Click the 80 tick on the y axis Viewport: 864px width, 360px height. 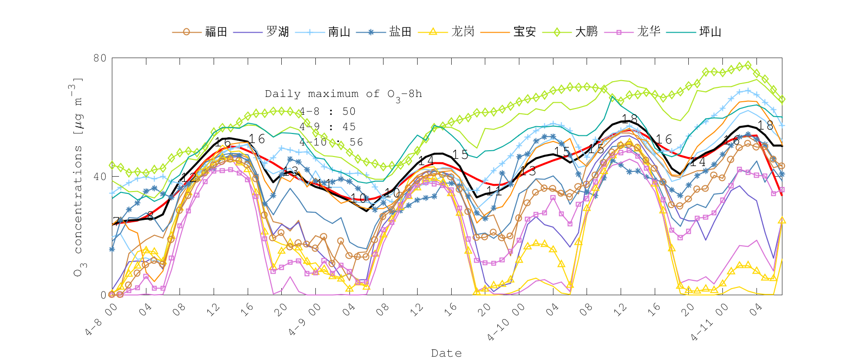pos(100,58)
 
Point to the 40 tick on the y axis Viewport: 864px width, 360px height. pos(100,177)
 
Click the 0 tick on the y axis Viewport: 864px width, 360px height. pos(103,295)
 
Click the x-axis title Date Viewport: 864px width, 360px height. pos(446,353)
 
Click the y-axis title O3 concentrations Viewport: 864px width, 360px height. pos(78,178)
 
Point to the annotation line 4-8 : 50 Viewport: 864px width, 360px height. pos(327,111)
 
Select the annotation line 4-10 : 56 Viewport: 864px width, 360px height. pos(331,142)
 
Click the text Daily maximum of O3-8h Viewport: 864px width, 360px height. pos(343,94)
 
